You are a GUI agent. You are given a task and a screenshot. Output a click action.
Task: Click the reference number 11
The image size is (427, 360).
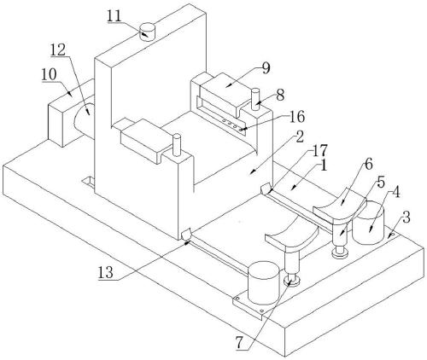114,16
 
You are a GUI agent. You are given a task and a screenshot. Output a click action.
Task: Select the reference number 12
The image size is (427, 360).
58,50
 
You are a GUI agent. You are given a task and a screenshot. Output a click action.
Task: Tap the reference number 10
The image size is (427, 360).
50,75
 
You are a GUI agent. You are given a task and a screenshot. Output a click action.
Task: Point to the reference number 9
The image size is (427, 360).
266,68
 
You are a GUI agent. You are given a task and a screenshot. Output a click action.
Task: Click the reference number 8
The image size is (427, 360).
280,96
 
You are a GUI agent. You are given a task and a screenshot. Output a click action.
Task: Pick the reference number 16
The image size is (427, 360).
297,117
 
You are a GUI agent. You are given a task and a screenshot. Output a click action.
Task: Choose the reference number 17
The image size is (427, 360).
320,151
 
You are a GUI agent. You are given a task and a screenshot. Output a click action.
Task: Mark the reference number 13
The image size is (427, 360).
106,273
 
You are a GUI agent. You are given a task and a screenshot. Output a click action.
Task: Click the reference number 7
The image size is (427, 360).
239,343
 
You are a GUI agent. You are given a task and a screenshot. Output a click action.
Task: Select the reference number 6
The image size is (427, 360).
368,165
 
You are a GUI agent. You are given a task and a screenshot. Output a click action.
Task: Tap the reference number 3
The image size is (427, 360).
407,218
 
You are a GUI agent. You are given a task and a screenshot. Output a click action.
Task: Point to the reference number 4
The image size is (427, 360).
396,193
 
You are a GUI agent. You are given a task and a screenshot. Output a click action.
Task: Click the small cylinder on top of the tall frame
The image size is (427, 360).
148,32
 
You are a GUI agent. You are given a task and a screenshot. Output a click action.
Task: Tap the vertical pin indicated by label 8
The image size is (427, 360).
255,100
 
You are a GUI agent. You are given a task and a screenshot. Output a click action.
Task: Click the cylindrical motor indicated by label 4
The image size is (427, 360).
368,223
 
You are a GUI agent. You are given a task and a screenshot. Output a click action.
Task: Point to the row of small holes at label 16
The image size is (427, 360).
230,123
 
